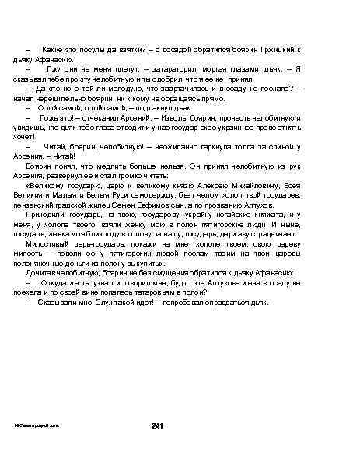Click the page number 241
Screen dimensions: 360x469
pos(156,424)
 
